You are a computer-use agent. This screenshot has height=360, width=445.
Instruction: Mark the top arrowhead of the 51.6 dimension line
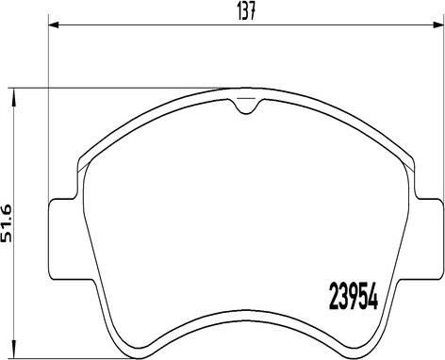pos(13,94)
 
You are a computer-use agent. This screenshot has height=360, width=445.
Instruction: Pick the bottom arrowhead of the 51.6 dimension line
pos(13,350)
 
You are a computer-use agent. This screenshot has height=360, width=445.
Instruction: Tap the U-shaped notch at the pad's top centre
pos(245,107)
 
